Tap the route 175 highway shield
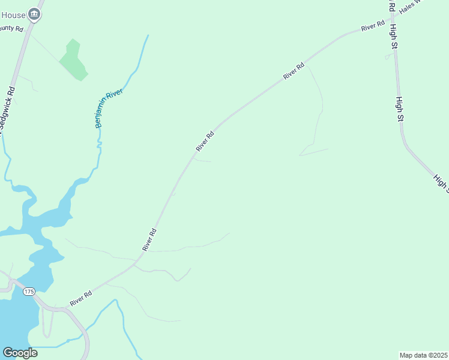28,292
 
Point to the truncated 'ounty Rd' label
11,28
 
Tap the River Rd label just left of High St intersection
373,26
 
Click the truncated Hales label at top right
411,7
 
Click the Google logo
20,353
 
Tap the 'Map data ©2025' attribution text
424,355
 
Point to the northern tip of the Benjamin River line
148,35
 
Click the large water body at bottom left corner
15,321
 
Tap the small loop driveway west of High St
388,56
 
